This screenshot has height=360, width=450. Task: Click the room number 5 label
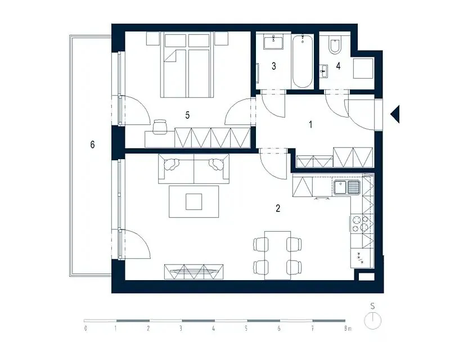tap(187, 115)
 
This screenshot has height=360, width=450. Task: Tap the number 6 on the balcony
tap(92, 145)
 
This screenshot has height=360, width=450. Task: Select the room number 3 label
tap(274, 66)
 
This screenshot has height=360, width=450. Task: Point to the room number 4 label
tap(339, 66)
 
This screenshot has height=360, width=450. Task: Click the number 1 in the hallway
tap(310, 124)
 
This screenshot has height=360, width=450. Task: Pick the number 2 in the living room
tap(278, 208)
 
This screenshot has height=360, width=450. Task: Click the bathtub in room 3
tap(302, 61)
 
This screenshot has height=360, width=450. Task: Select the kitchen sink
tap(346, 187)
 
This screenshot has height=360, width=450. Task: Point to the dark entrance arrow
tap(395, 114)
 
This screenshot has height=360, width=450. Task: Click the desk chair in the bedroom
tap(160, 127)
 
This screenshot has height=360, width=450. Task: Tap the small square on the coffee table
tap(193, 201)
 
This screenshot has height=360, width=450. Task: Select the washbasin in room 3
tap(273, 42)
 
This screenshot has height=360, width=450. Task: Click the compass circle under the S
tap(372, 321)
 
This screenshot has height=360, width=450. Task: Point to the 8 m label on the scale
tap(348, 328)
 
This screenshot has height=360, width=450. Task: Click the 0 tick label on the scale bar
tap(85, 328)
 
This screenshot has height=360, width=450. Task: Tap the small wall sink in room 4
tap(323, 71)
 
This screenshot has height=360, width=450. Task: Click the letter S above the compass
tap(372, 306)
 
